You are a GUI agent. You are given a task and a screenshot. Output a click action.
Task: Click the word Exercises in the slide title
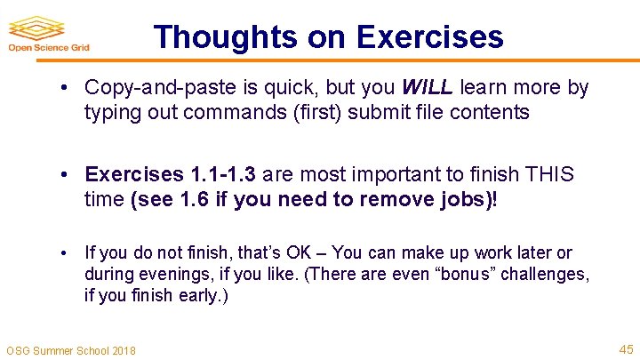[429, 36]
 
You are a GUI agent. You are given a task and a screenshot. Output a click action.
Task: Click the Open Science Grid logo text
[50, 48]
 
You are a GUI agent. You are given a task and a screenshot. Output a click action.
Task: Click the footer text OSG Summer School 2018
[71, 350]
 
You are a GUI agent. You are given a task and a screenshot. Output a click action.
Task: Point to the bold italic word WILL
[428, 88]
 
